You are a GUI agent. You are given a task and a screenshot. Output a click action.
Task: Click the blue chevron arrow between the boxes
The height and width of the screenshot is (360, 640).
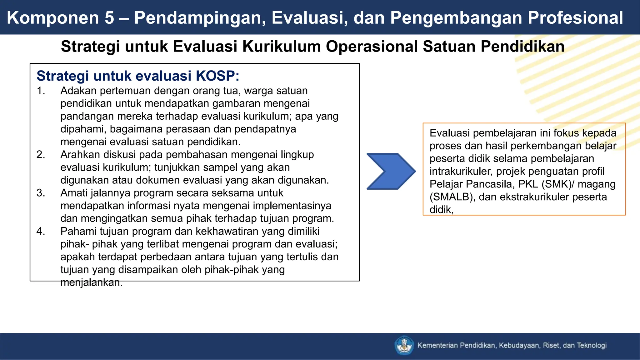(x=391, y=171)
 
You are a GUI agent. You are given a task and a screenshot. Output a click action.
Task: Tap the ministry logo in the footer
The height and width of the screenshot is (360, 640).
(x=404, y=345)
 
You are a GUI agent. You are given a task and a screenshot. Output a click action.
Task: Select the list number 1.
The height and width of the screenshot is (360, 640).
(x=40, y=91)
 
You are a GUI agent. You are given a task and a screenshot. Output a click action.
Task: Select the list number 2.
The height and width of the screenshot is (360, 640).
(x=40, y=154)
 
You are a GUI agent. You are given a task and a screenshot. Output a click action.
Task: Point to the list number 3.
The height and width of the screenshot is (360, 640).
(x=40, y=193)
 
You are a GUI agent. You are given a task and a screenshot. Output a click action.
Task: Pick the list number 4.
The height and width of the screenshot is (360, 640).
(x=40, y=231)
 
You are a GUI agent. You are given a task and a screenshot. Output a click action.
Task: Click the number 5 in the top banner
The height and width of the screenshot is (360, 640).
(x=109, y=17)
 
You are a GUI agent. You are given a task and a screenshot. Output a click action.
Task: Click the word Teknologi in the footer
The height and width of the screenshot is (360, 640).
(x=592, y=345)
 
